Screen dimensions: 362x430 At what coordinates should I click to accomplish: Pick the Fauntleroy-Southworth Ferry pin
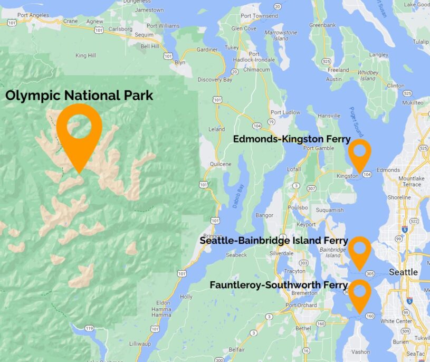tap(360, 293)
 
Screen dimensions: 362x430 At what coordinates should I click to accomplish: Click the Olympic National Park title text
tap(79, 96)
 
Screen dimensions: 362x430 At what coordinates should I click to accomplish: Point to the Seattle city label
tap(403, 272)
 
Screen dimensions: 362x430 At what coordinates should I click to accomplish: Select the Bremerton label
tap(304, 292)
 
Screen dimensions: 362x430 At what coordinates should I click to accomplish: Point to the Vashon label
tap(361, 351)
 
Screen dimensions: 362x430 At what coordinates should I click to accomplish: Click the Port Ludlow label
tap(285, 112)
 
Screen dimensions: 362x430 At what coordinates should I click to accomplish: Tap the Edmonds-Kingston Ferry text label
tap(292, 139)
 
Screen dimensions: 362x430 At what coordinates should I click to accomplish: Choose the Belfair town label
tap(237, 349)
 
